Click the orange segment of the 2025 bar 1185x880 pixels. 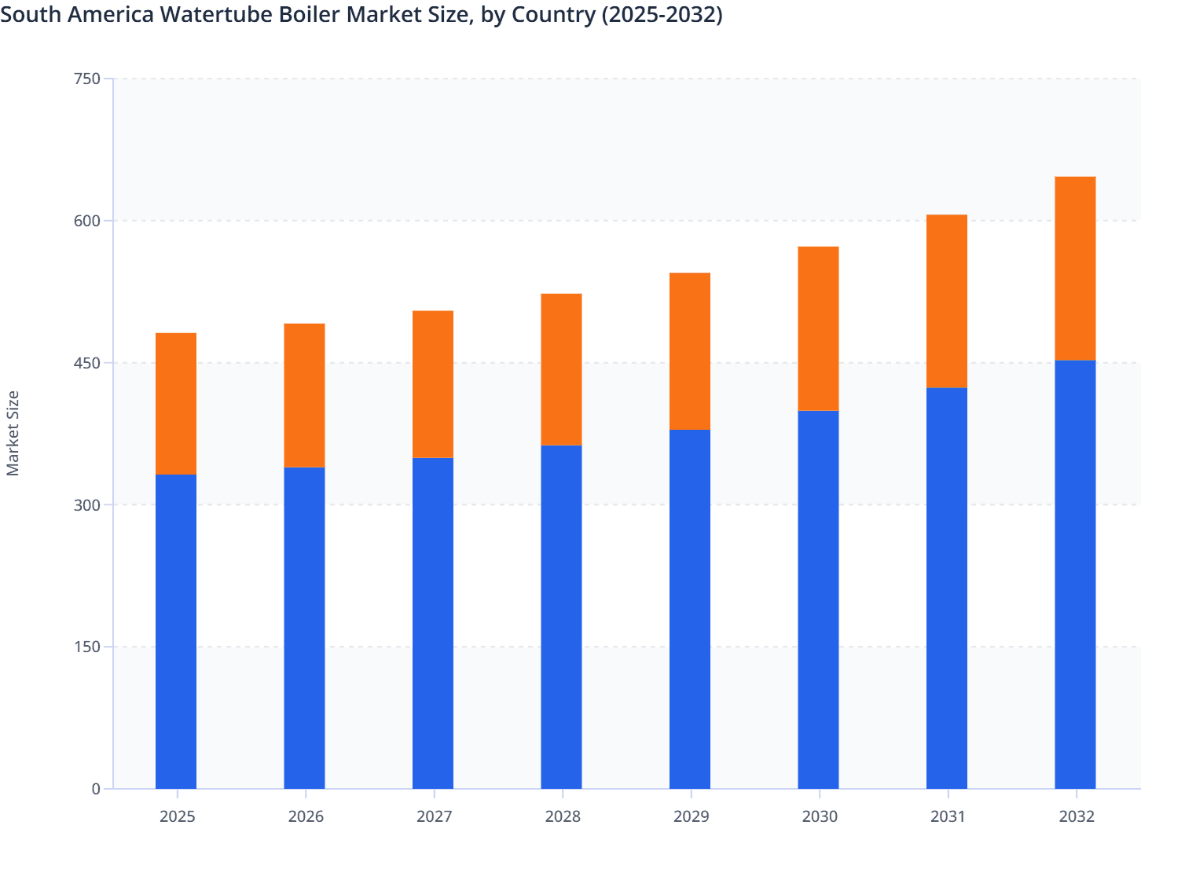coord(176,403)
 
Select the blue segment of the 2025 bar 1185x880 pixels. coord(176,631)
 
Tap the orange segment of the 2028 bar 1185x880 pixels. coord(561,369)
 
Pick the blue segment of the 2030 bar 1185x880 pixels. coord(818,599)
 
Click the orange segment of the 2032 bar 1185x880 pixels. coord(1075,268)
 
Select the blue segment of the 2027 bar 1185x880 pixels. coord(433,623)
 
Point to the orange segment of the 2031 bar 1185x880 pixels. coord(947,301)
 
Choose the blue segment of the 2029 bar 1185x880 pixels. coord(690,609)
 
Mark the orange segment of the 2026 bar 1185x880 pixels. coord(304,395)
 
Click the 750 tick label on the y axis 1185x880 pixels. coord(86,79)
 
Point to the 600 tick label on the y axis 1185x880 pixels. coord(86,221)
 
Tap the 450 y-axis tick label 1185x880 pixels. coord(86,363)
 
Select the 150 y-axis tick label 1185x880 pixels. coord(86,647)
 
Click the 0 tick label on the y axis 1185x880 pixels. coord(96,789)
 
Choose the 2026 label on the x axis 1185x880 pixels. coord(306,816)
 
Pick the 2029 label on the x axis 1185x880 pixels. coord(691,816)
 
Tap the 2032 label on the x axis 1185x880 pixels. coord(1077,816)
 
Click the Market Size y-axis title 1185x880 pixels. coord(13,433)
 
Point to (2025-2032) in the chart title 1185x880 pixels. coord(662,15)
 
